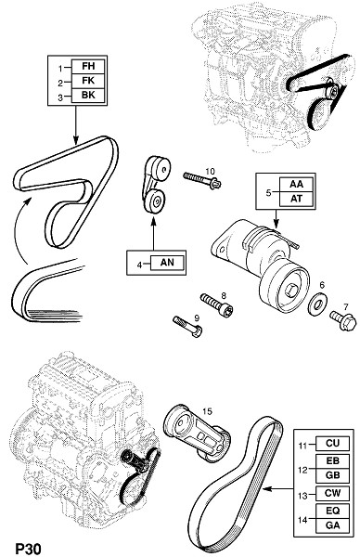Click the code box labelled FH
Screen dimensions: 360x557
coord(88,67)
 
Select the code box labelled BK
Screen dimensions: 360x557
coord(88,96)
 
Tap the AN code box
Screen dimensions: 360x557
coord(167,263)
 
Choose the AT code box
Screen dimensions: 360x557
coord(296,199)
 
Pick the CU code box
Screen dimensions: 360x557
coord(333,444)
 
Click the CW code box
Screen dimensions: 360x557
coord(333,494)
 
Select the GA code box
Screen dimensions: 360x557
coord(333,525)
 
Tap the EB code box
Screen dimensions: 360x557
coord(333,460)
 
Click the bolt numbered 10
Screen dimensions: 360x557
coord(202,180)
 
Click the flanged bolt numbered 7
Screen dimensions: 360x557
coord(343,319)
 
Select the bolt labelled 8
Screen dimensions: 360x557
coord(216,305)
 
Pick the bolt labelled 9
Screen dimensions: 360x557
coord(187,327)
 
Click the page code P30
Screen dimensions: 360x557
coord(29,549)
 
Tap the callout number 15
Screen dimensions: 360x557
coord(207,411)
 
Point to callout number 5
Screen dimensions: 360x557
coord(268,192)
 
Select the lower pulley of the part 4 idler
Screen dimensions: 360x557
coord(155,201)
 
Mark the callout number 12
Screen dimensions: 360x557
coord(302,470)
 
